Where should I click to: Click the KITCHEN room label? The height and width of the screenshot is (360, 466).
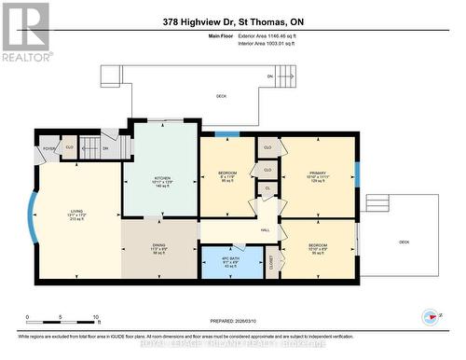coord(162,176)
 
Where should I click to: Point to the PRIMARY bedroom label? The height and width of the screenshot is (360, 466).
coord(317,173)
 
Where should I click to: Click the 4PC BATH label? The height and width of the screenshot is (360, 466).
coord(231,260)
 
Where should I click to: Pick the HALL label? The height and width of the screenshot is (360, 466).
coord(265,228)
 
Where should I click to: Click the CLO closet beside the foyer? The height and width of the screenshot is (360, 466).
coord(70,146)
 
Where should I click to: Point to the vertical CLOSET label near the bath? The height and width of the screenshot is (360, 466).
coord(270,263)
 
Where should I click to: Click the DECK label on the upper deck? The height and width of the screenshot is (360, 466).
coord(221,96)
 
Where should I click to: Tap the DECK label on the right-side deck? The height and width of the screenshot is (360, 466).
coord(404,242)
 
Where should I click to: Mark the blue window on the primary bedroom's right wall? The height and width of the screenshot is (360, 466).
coord(356,173)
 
